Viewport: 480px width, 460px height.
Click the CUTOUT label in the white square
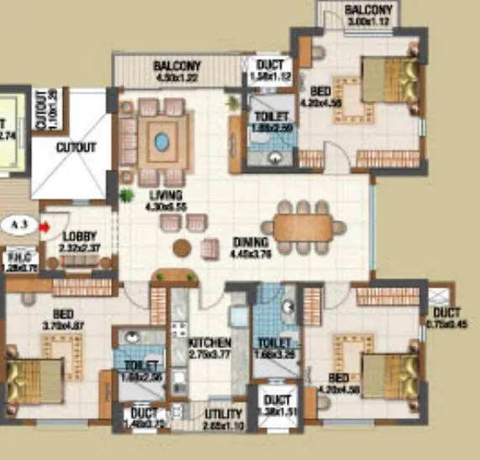coord(76,147)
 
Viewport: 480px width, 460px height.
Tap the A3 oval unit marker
coord(17,225)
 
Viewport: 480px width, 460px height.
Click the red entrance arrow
coord(43,225)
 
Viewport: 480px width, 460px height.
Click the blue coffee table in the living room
coord(161,141)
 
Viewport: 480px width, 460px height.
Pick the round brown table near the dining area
coord(182,248)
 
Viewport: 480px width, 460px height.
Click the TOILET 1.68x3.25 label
coord(275,348)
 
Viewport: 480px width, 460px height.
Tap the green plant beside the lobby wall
coord(127,196)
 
